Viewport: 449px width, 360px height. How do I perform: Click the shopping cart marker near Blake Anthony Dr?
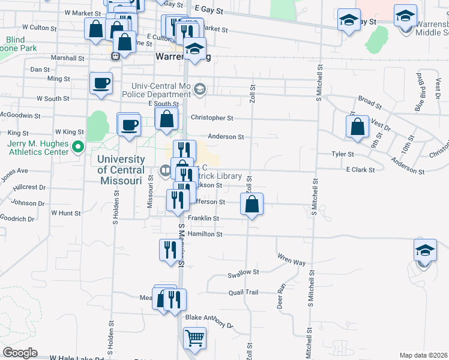point(194,338)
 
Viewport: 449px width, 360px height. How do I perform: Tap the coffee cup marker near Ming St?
point(101,83)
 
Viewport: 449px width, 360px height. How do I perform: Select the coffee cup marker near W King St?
point(128,125)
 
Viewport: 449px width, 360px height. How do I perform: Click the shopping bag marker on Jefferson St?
point(252,204)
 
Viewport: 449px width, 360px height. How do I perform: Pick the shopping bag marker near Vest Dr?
point(357,127)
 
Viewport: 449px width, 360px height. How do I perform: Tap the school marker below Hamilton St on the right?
point(425,250)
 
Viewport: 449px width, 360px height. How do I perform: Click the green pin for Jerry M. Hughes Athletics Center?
point(77,146)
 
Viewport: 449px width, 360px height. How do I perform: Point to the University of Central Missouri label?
point(121,170)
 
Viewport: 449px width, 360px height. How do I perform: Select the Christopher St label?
point(211,119)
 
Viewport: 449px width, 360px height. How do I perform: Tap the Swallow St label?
point(243,272)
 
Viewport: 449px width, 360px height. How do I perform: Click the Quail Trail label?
point(243,292)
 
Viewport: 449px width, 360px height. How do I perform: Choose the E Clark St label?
point(360,170)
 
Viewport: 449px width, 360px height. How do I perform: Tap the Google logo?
point(20,353)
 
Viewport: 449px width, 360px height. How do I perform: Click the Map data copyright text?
point(424,355)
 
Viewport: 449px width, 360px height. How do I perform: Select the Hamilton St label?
point(205,234)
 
